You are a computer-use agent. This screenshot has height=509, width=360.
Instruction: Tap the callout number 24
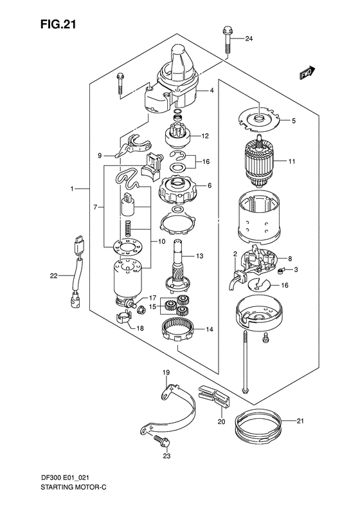pyautogui.click(x=249, y=39)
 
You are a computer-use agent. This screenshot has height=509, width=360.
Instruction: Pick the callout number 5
pyautogui.click(x=293, y=120)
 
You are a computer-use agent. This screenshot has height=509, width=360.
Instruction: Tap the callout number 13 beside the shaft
pyautogui.click(x=199, y=256)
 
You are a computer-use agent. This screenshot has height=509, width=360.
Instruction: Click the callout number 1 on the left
pyautogui.click(x=74, y=189)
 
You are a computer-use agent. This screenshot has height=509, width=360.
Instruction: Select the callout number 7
pyautogui.click(x=94, y=207)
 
